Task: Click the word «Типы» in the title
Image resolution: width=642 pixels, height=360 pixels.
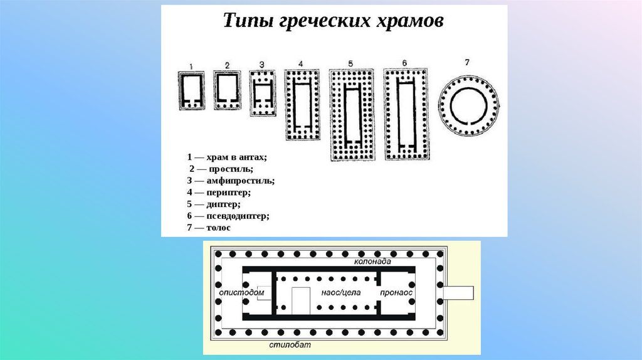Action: (248, 21)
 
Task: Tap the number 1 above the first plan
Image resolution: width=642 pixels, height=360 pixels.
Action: (191, 66)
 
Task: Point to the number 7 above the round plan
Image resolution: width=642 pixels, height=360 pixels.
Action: (467, 62)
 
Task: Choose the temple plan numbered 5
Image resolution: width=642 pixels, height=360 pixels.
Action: (352, 115)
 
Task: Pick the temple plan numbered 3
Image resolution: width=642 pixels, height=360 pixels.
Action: (263, 93)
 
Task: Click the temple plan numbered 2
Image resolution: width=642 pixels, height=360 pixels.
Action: (227, 90)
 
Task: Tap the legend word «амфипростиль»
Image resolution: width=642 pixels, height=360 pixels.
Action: (240, 181)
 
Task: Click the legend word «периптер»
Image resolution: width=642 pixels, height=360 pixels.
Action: (228, 192)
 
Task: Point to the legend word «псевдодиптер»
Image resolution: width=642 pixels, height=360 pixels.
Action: (238, 216)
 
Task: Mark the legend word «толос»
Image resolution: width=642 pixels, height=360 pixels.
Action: (219, 228)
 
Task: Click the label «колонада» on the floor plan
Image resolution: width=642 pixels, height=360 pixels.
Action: (372, 262)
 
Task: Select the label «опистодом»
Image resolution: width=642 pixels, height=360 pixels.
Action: (241, 293)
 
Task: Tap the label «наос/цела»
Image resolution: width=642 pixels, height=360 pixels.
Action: (340, 293)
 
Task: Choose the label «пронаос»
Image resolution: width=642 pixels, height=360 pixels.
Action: (396, 293)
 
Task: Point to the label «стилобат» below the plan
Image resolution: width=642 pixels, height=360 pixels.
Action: (290, 345)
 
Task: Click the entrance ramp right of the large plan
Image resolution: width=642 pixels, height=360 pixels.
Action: (458, 293)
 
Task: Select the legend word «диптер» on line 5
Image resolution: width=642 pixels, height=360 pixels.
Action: (224, 204)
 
